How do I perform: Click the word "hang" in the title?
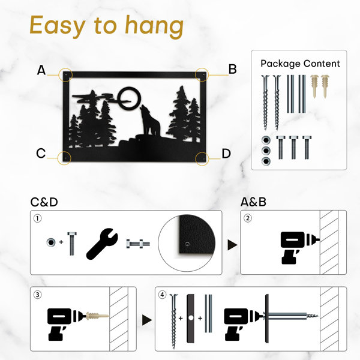pos(154,26)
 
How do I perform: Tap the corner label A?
pos(41,70)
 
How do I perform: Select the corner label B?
pos(232,69)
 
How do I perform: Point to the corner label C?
pos(41,153)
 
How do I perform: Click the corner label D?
pos(226,154)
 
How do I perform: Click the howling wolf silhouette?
pos(149,121)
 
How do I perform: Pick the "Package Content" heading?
pos(300,64)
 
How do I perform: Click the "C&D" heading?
pos(44,202)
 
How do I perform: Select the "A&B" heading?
pos(253,202)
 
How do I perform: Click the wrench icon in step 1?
pos(102,244)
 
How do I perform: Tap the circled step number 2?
pos(247,218)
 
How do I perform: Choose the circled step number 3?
pos(38,295)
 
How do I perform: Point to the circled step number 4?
pos(163,295)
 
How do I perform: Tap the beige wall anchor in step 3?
pos(97,316)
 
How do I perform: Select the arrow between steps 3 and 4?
pos(147,320)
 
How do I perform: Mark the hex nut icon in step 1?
pos(51,242)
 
